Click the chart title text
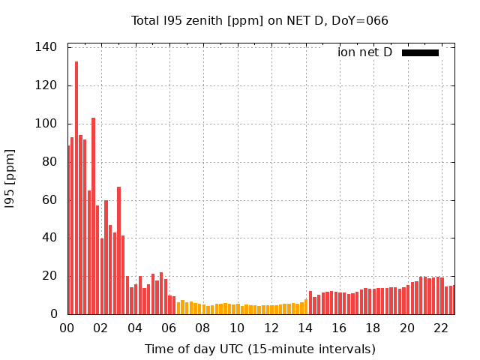click(259, 20)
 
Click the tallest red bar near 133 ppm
click(76, 187)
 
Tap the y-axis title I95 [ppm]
click(10, 180)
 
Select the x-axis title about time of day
click(259, 349)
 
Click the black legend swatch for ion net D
click(420, 52)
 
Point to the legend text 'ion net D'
click(364, 52)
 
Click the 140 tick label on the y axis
click(46, 47)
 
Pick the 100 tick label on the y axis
click(46, 124)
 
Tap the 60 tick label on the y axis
click(49, 200)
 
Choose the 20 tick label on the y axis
click(49, 276)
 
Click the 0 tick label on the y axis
click(52, 314)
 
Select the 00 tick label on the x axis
click(67, 328)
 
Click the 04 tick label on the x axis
click(135, 328)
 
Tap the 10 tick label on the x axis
click(237, 328)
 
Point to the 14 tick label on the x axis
click(305, 328)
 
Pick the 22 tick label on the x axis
click(441, 328)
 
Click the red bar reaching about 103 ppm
click(93, 216)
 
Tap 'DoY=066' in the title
click(360, 20)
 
